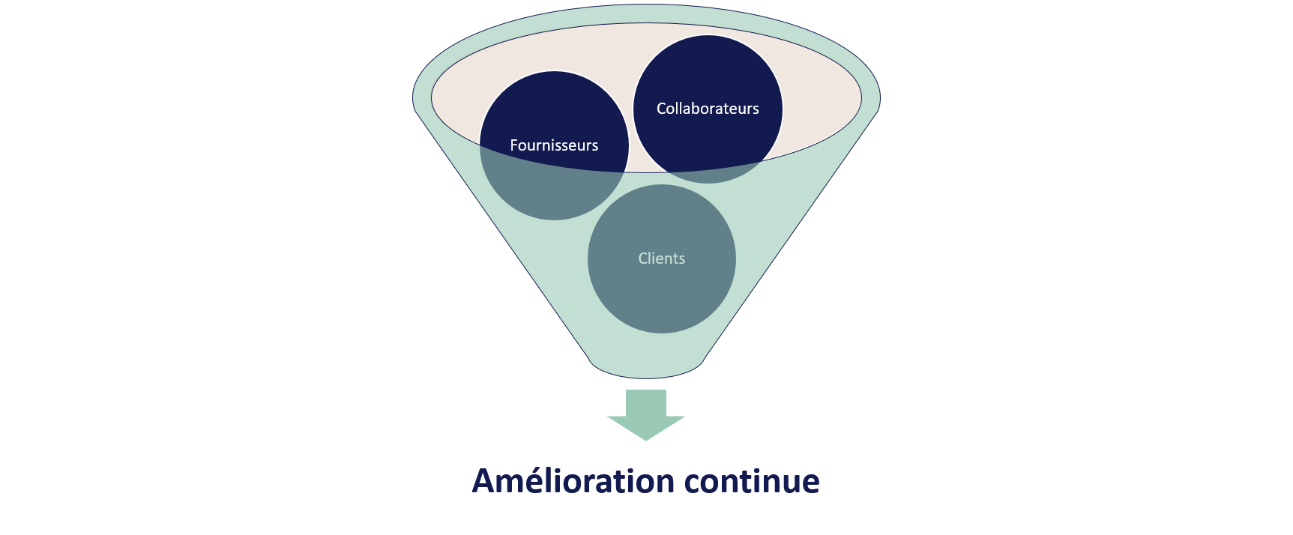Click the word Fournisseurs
(554, 145)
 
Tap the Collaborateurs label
(708, 109)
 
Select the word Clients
(661, 259)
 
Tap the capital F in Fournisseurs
(514, 145)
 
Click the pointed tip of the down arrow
(646, 440)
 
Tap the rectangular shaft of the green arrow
(646, 402)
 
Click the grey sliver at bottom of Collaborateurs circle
(708, 176)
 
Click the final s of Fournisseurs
(594, 146)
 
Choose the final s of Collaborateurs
(756, 109)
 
